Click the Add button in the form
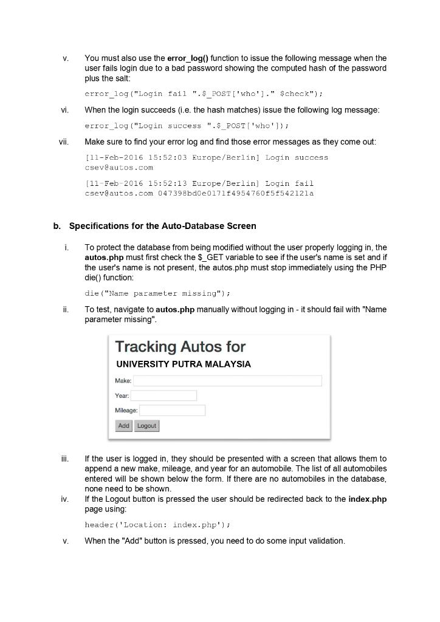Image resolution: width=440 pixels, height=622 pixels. tap(123, 426)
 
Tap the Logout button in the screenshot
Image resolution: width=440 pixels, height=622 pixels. tap(146, 426)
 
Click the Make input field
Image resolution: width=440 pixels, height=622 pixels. tap(227, 381)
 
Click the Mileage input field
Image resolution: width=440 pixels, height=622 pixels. tap(172, 411)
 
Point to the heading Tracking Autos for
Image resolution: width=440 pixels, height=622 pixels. tap(180, 347)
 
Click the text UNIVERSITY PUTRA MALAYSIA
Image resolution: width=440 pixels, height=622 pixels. tap(183, 364)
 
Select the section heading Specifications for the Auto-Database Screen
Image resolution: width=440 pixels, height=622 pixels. tap(162, 226)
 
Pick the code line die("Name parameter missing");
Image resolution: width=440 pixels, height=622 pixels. tap(157, 293)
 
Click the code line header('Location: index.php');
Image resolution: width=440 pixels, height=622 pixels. tap(157, 525)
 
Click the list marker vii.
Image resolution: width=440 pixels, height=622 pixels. tap(64, 142)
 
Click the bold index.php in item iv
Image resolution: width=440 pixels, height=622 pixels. tap(367, 499)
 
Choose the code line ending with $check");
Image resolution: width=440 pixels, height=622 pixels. tap(204, 94)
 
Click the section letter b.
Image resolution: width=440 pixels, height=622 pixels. tap(57, 226)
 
